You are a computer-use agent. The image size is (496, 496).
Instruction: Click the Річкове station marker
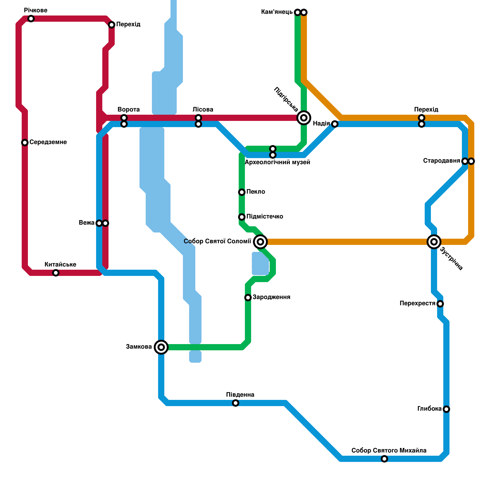tap(31, 19)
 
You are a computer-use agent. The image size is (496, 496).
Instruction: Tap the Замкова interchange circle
tap(161, 347)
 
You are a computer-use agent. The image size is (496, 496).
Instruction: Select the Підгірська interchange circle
tap(304, 118)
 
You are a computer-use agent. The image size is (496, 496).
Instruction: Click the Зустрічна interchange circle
tap(434, 242)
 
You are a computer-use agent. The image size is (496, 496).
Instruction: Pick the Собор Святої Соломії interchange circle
tap(260, 242)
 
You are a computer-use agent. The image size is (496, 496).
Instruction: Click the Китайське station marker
tap(56, 273)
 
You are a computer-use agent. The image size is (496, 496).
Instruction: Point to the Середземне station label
tap(48, 142)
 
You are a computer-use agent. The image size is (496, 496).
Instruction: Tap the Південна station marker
tap(236, 403)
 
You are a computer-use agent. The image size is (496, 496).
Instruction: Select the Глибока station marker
tap(446, 409)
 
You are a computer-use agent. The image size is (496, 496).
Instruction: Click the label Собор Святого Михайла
tap(389, 450)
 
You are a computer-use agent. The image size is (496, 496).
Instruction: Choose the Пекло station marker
tap(242, 192)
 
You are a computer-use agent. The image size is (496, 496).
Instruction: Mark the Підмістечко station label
tap(265, 216)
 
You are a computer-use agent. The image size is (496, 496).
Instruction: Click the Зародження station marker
tap(248, 298)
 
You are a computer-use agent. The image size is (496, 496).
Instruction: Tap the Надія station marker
tap(335, 124)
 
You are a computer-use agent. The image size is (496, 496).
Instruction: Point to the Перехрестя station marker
tap(440, 304)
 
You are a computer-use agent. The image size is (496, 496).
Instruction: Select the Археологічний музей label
tap(277, 162)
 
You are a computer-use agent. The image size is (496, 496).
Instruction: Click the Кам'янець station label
tap(277, 12)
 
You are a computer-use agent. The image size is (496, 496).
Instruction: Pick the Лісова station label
tap(203, 109)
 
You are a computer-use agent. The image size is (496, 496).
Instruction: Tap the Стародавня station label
tap(441, 161)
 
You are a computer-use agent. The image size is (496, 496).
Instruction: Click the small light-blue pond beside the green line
tap(260, 263)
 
